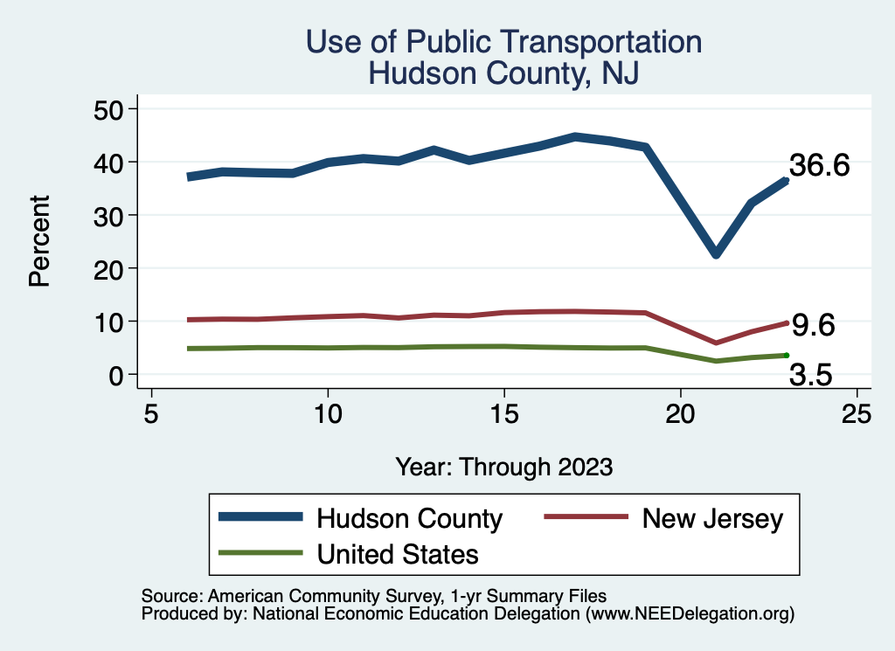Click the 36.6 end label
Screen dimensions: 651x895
[x=819, y=165]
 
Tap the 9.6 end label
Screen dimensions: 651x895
[x=813, y=325]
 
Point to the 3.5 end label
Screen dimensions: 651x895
[x=811, y=375]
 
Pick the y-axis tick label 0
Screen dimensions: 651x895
[x=120, y=375]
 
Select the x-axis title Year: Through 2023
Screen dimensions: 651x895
[x=503, y=466]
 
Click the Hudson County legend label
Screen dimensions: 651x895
[x=409, y=518]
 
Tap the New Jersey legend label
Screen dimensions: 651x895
[x=712, y=518]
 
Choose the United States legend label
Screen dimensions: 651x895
[x=398, y=553]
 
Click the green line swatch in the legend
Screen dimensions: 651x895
[x=260, y=553]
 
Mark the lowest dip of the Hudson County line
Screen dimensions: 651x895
[x=716, y=253]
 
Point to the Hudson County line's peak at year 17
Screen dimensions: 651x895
[x=575, y=136]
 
